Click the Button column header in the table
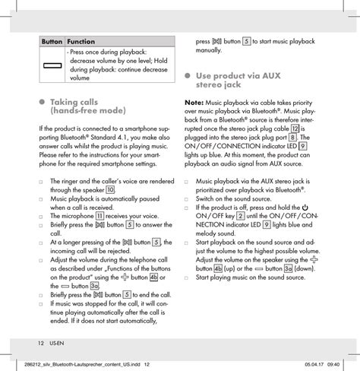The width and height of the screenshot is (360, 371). coord(52,40)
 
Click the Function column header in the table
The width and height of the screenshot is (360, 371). coord(81,40)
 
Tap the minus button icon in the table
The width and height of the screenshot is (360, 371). coord(52,65)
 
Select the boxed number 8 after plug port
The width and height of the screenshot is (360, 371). coord(293,138)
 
